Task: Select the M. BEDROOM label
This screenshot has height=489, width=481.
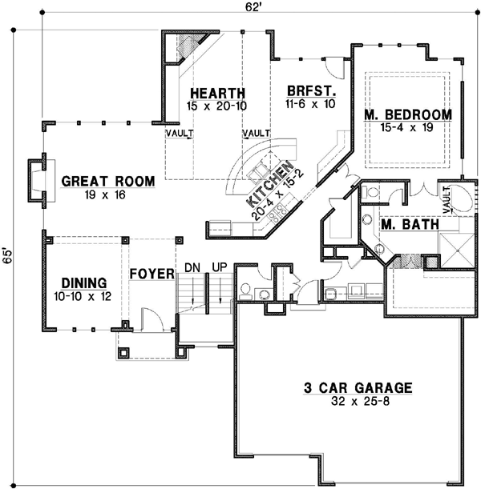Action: (407, 115)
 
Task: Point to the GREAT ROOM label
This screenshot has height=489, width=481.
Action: (107, 182)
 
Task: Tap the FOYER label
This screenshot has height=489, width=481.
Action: (152, 275)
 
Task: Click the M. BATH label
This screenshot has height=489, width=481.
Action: (410, 225)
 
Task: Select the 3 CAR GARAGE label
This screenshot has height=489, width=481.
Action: (358, 389)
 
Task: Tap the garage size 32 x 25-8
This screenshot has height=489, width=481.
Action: (358, 402)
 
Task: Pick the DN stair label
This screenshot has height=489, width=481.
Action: (192, 267)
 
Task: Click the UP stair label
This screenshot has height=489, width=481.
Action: (219, 267)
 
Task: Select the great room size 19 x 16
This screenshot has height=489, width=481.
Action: (107, 194)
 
